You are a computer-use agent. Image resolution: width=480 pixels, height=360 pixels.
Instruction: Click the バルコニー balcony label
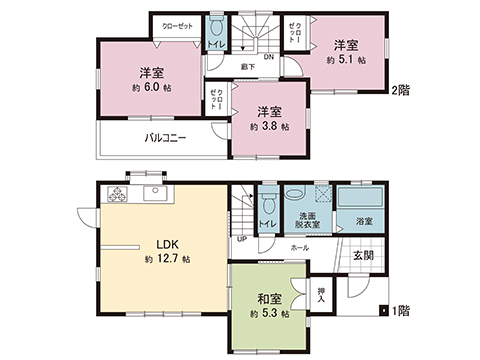pyautogui.click(x=165, y=139)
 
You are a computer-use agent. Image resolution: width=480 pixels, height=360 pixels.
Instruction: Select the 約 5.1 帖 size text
pyautogui.click(x=346, y=60)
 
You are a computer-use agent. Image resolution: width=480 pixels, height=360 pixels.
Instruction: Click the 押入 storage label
pyautogui.click(x=321, y=293)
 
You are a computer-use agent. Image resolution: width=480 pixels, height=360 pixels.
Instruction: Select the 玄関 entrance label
pyautogui.click(x=364, y=256)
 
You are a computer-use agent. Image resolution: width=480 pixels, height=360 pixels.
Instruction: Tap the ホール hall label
pyautogui.click(x=300, y=246)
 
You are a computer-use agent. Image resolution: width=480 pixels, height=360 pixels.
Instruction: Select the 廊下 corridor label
pyautogui.click(x=245, y=67)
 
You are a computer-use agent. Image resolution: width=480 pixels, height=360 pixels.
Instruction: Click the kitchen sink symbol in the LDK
pyautogui.click(x=156, y=193)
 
